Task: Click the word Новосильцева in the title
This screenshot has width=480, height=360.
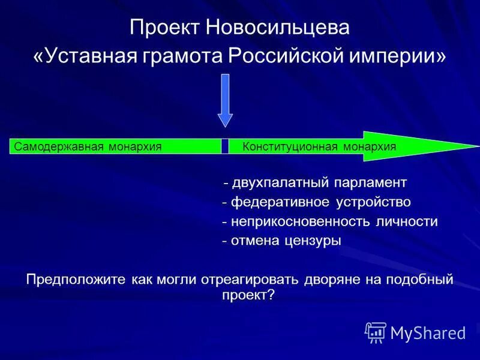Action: click(278, 28)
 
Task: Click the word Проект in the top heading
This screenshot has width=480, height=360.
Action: click(165, 28)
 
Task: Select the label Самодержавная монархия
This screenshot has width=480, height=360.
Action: click(88, 146)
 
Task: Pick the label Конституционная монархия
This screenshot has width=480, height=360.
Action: click(319, 146)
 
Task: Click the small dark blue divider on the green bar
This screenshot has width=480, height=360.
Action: click(225, 146)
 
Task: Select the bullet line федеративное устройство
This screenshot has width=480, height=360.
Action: click(316, 202)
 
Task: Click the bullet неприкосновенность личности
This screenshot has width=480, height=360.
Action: click(329, 221)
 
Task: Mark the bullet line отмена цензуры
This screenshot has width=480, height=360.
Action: click(281, 241)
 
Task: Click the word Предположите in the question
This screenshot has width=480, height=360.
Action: click(75, 279)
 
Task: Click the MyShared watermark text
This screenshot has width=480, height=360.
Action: click(428, 332)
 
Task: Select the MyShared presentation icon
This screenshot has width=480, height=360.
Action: click(376, 332)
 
